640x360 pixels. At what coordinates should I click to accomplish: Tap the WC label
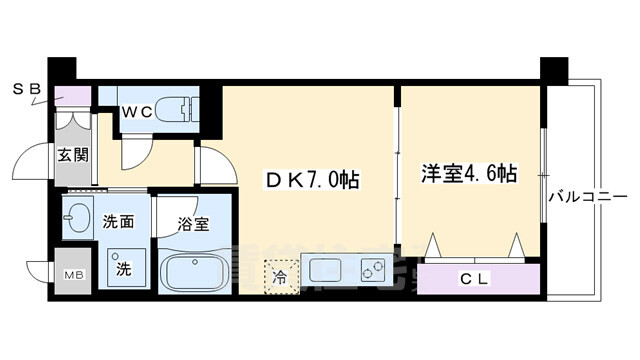[x=138, y=112]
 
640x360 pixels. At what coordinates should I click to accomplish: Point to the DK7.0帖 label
[x=311, y=180]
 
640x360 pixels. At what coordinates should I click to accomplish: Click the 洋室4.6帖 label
[x=469, y=172]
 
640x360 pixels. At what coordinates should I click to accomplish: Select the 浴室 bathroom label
[x=193, y=223]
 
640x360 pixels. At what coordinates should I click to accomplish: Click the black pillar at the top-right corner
[x=552, y=72]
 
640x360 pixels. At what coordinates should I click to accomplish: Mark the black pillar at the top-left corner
[x=62, y=72]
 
